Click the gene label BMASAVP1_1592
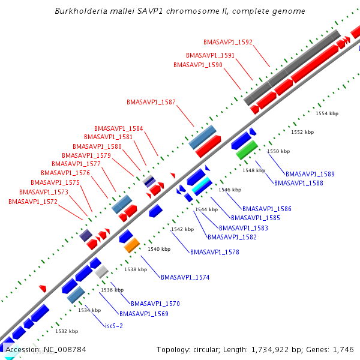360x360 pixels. click(228, 43)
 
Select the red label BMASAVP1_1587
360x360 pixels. click(151, 102)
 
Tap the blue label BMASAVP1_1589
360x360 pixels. click(310, 174)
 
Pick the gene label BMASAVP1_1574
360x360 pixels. click(185, 277)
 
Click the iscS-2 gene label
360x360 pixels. click(114, 326)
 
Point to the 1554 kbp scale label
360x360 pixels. click(327, 113)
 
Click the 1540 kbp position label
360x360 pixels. click(159, 248)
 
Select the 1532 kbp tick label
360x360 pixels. click(67, 331)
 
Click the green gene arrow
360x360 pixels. click(247, 150)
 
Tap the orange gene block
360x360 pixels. click(132, 245)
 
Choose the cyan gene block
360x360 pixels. click(202, 185)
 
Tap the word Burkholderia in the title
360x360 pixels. click(79, 11)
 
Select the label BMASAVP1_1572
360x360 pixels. click(33, 202)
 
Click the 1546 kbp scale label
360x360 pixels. click(230, 190)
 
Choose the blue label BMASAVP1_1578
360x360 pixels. click(215, 252)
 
